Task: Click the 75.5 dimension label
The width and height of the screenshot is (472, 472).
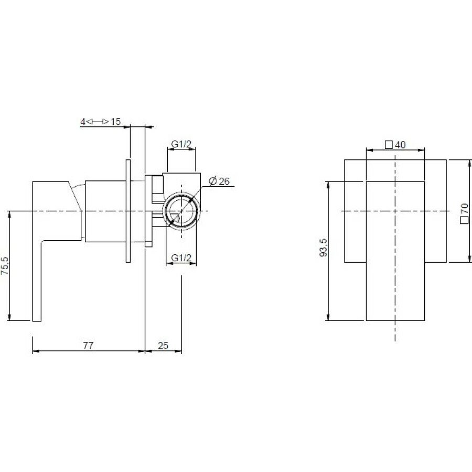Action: coord(5,266)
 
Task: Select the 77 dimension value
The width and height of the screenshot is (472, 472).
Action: coord(88,345)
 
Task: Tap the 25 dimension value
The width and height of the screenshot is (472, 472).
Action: coord(163,345)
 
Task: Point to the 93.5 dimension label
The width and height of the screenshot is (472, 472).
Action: coord(323,248)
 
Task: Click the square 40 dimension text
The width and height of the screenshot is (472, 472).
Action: coord(395,145)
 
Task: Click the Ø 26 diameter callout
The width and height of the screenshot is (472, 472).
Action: coord(219,181)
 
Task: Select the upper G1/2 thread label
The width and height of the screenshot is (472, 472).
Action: coord(181,144)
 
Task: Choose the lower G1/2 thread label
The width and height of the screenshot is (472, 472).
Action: coord(181,258)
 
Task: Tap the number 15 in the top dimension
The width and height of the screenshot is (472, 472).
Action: coord(115,122)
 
